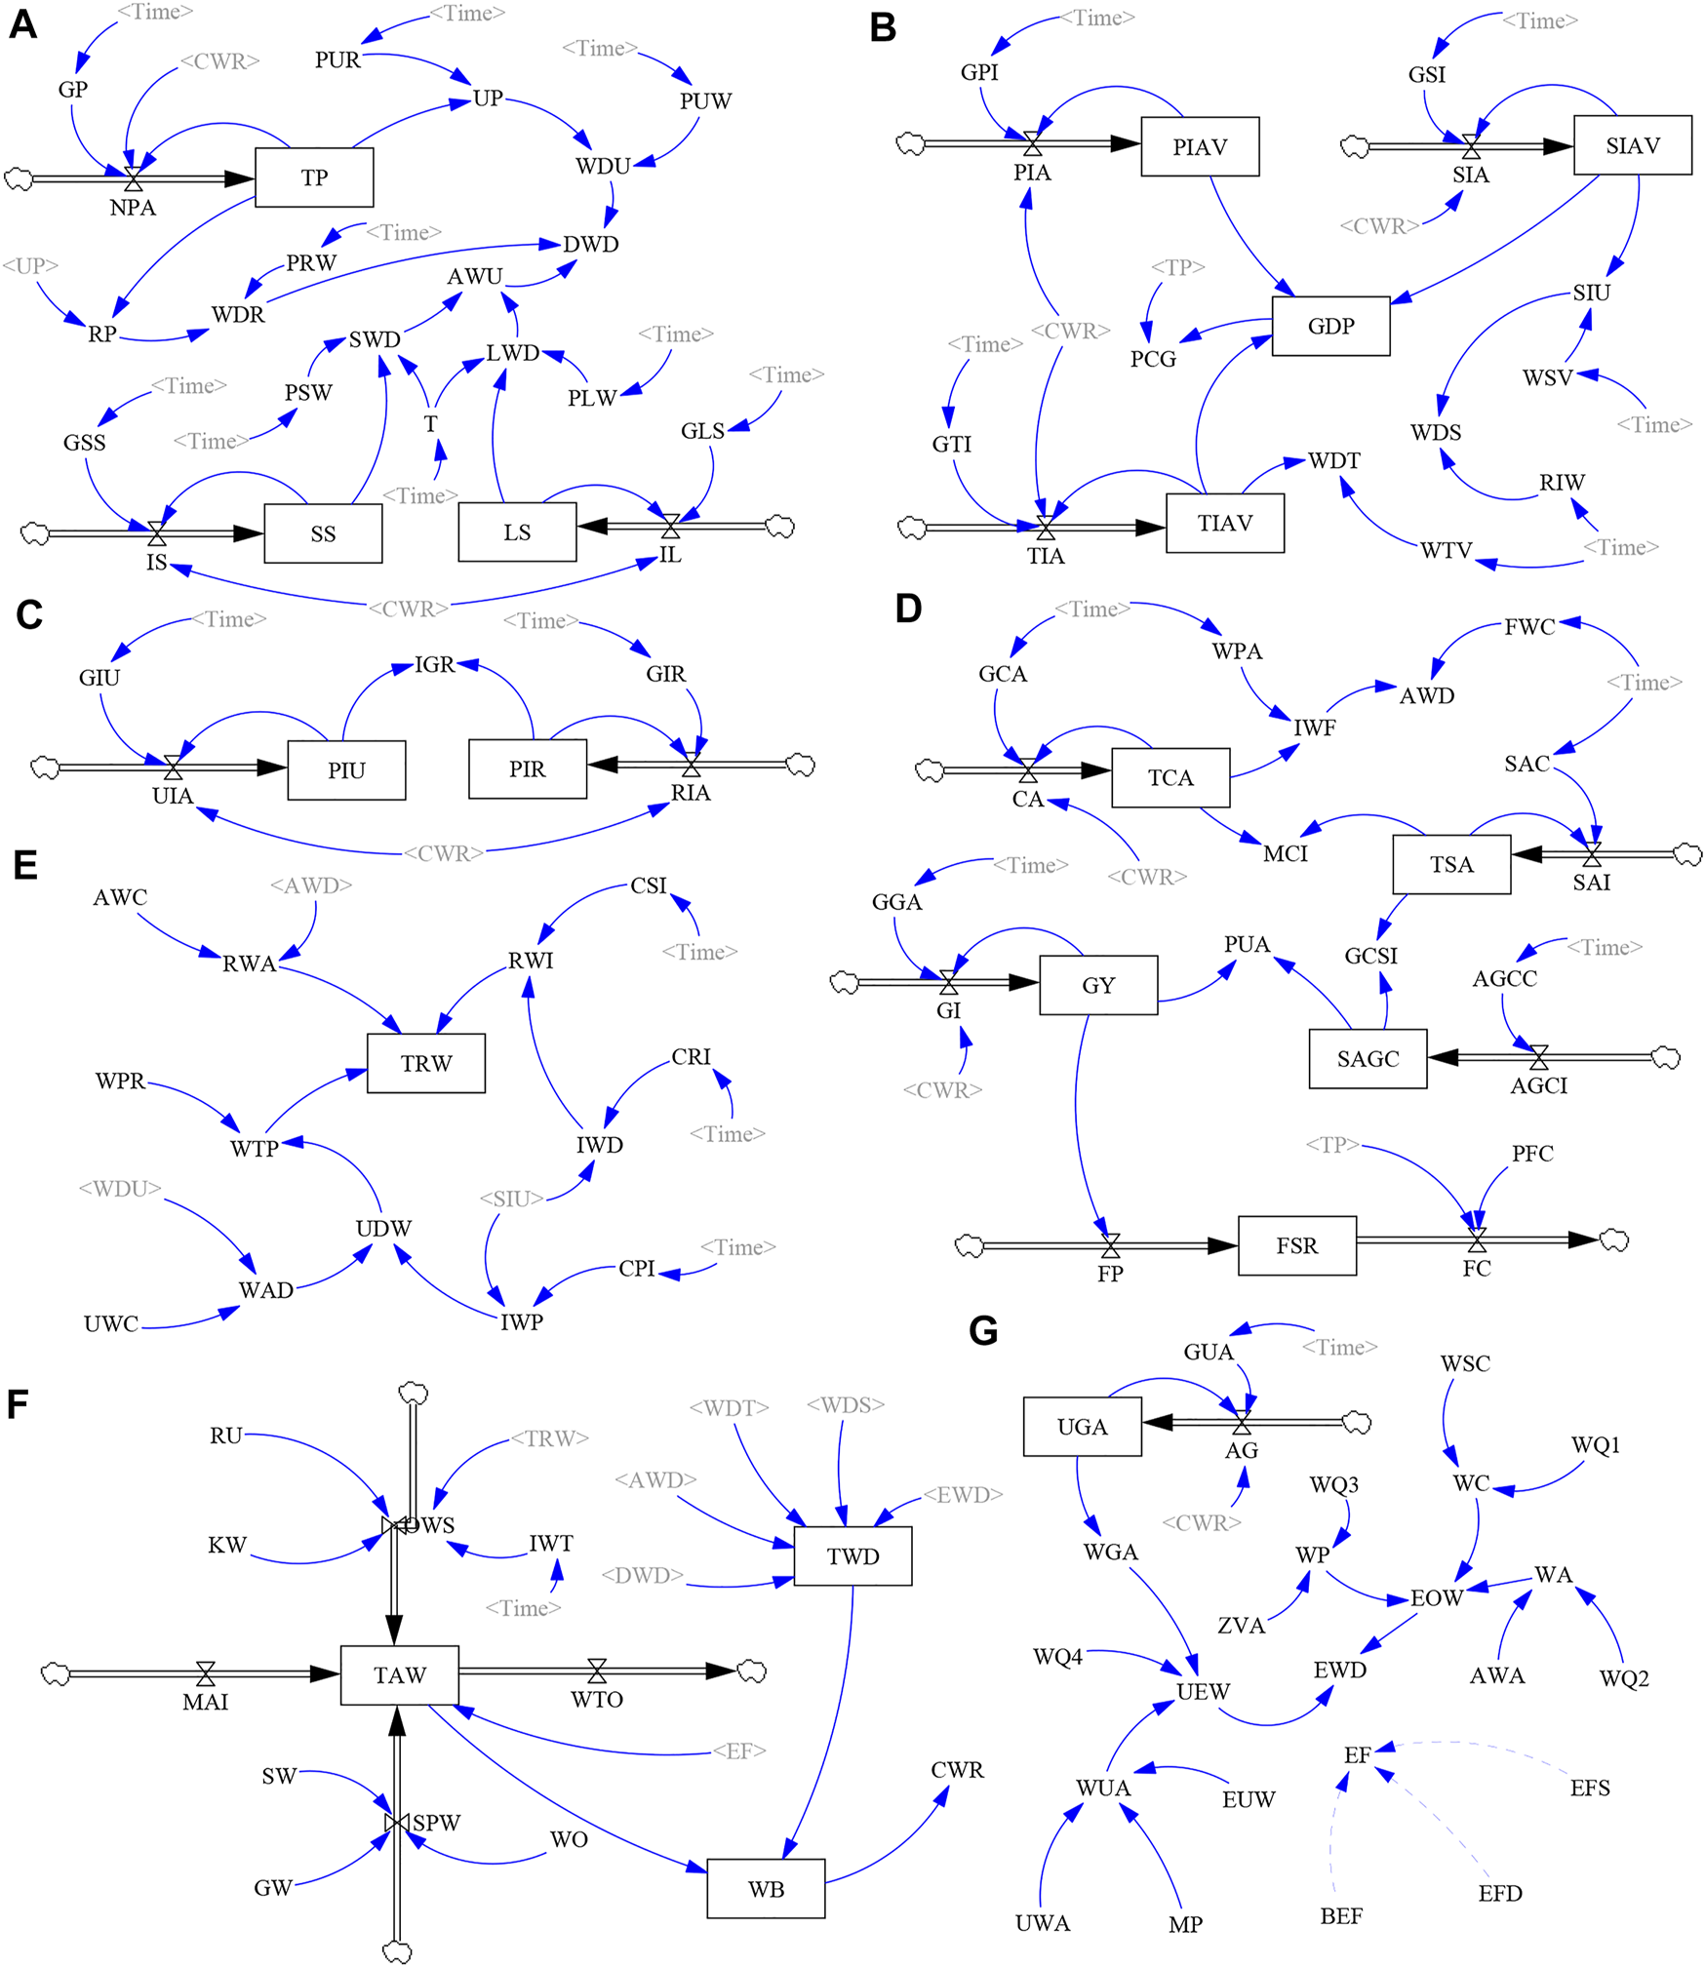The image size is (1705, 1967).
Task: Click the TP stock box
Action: pyautogui.click(x=314, y=177)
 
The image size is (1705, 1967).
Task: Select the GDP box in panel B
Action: pyautogui.click(x=1330, y=326)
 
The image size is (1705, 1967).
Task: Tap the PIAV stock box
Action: pyautogui.click(x=1200, y=147)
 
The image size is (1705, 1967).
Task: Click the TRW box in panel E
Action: pyautogui.click(x=426, y=1063)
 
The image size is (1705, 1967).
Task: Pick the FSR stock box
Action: pyautogui.click(x=1296, y=1245)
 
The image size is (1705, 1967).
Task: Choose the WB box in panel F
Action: pyautogui.click(x=766, y=1889)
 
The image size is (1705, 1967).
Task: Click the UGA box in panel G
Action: pyautogui.click(x=1082, y=1427)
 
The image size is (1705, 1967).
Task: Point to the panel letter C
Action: pyautogui.click(x=28, y=615)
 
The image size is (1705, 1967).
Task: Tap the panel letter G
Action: pyautogui.click(x=983, y=1331)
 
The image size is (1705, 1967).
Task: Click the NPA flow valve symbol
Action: pyautogui.click(x=134, y=179)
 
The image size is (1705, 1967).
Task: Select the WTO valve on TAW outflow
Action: pyautogui.click(x=597, y=1671)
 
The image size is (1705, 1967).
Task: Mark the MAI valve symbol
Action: pyautogui.click(x=205, y=1673)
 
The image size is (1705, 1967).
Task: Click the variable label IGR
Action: pyautogui.click(x=434, y=665)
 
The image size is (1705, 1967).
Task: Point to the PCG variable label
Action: pyautogui.click(x=1153, y=359)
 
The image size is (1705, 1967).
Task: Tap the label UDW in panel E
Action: pyautogui.click(x=383, y=1228)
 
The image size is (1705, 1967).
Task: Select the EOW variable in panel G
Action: pyautogui.click(x=1436, y=1598)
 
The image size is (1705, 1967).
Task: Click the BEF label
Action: pyautogui.click(x=1341, y=1916)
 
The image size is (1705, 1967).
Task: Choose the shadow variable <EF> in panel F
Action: pyautogui.click(x=738, y=1751)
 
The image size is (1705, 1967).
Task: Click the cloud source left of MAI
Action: pyautogui.click(x=56, y=1673)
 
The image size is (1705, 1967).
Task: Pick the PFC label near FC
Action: pyautogui.click(x=1532, y=1154)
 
